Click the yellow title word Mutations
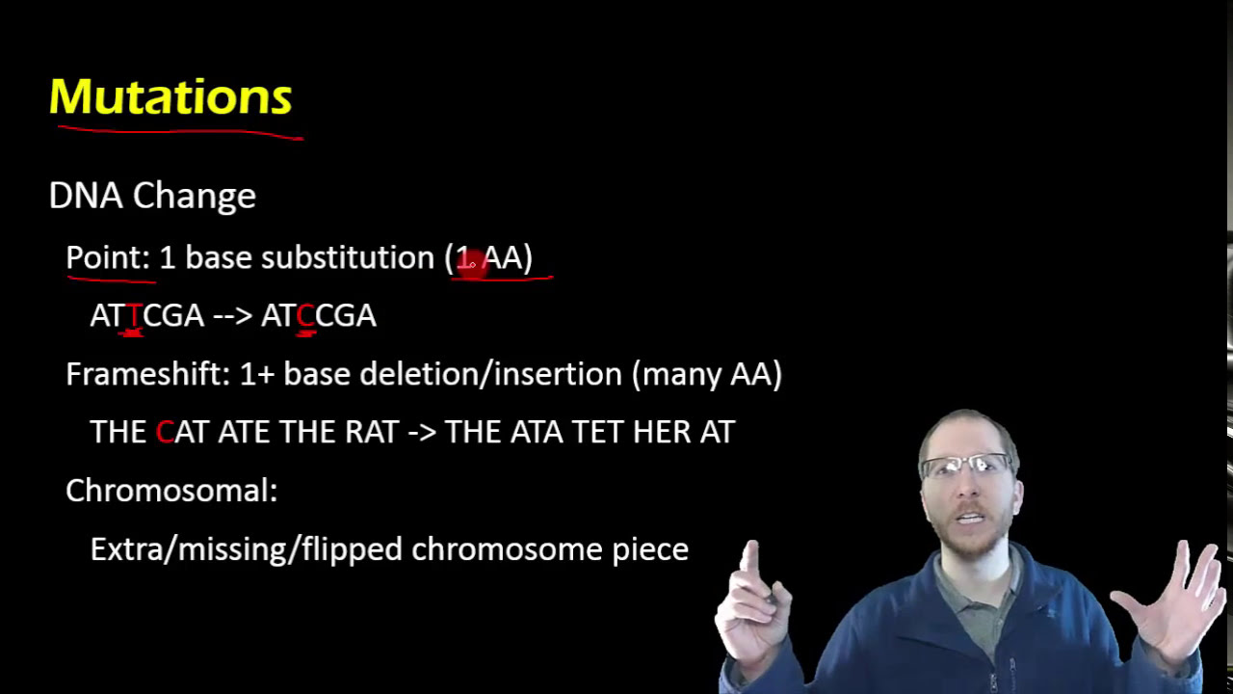click(171, 96)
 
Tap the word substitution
click(348, 257)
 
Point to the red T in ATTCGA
click(134, 316)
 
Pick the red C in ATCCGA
click(305, 316)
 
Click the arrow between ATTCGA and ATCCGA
click(232, 316)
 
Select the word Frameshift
click(145, 374)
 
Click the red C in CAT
click(165, 432)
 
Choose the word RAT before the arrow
click(372, 432)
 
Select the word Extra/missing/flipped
click(247, 549)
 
